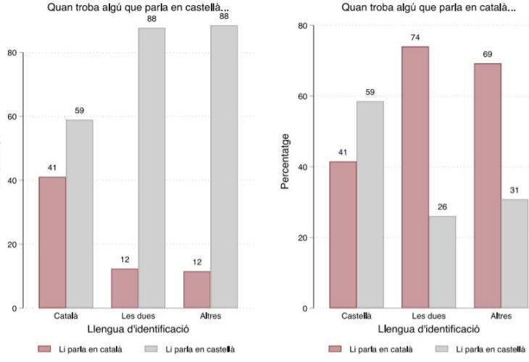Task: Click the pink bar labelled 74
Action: pos(415,177)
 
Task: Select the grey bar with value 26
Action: pos(442,262)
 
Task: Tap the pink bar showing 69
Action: pos(487,186)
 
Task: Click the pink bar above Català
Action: pos(52,243)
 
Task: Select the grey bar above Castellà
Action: pos(370,205)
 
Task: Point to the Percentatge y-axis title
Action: pos(286,161)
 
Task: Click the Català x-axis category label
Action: pos(66,316)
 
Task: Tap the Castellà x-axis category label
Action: pos(357,316)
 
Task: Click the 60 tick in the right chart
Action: pos(301,96)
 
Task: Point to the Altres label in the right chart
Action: pos(501,316)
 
